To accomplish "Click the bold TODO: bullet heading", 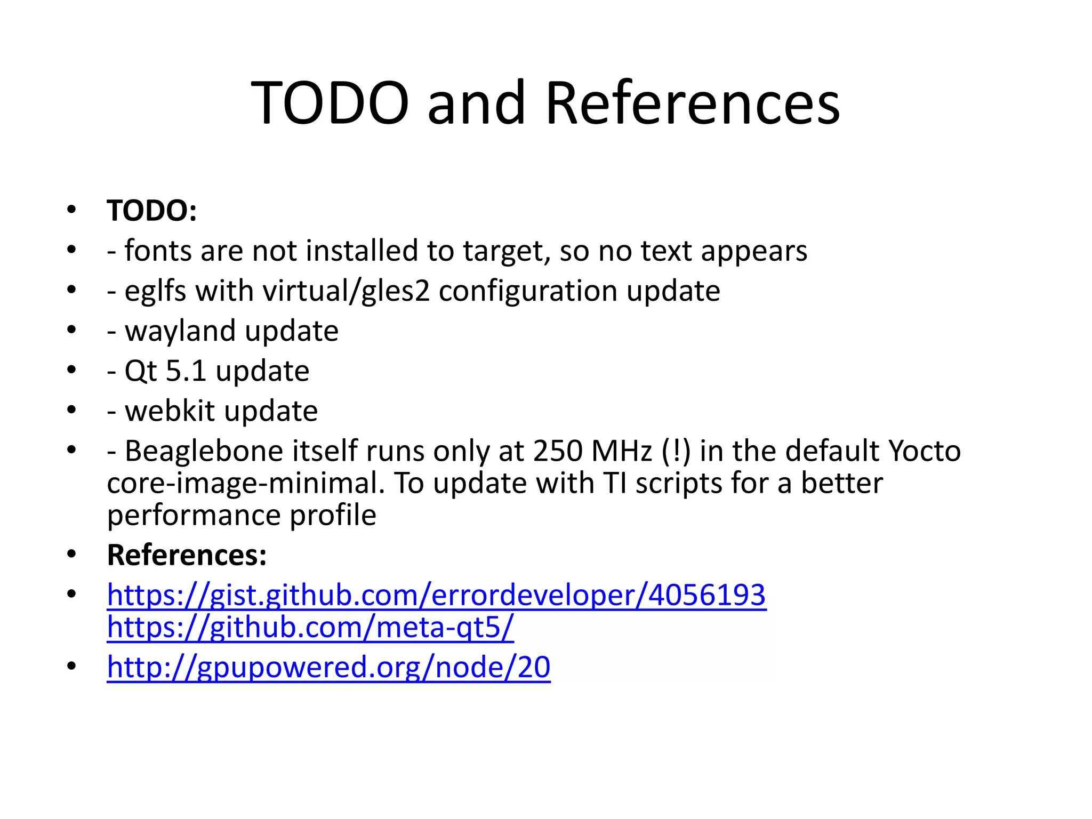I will coord(152,211).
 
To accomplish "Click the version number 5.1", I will coord(186,371).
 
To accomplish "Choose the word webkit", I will coord(170,411).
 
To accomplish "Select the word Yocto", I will coord(925,451).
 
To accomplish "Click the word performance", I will coord(194,515).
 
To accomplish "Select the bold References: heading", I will coord(187,555).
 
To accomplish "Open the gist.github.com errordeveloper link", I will coord(436,595).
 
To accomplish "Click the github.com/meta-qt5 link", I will coord(310,627).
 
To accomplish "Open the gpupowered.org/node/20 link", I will coord(328,667).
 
